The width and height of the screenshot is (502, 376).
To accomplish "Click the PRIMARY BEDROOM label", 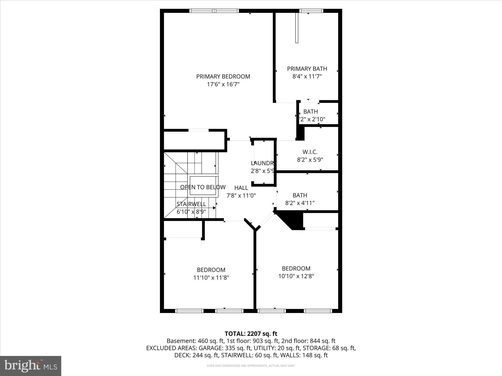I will pyautogui.click(x=223, y=76).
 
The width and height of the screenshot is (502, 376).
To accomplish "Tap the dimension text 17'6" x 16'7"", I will pyautogui.click(x=223, y=84).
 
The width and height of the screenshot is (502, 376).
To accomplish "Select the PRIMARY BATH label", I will pyautogui.click(x=307, y=69).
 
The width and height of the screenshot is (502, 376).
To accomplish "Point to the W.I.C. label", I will pyautogui.click(x=310, y=152).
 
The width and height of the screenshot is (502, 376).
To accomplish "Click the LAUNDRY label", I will pyautogui.click(x=262, y=163).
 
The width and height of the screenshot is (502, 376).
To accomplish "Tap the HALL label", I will pyautogui.click(x=241, y=188).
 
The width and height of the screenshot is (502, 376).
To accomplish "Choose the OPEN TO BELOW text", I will pyautogui.click(x=203, y=187).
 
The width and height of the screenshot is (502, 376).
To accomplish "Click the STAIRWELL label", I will pyautogui.click(x=191, y=204).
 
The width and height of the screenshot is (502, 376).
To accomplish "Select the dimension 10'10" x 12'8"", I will pyautogui.click(x=296, y=276).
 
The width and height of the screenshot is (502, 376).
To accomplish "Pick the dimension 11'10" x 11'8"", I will pyautogui.click(x=211, y=278).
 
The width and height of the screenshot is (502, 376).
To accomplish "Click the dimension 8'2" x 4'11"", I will pyautogui.click(x=300, y=203).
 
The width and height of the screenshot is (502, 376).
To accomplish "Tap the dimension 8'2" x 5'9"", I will pyautogui.click(x=310, y=160).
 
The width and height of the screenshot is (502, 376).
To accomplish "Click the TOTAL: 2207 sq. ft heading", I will pyautogui.click(x=251, y=334).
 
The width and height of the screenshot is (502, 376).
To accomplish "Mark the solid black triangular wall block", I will pyautogui.click(x=291, y=219).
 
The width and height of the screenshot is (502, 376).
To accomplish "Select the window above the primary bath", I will pyautogui.click(x=311, y=11).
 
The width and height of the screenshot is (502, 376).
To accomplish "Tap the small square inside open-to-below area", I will pyautogui.click(x=203, y=185).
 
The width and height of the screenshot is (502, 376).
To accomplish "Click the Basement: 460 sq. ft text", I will pyautogui.click(x=195, y=341).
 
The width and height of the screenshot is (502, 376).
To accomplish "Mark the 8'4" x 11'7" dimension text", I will pyautogui.click(x=307, y=76).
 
